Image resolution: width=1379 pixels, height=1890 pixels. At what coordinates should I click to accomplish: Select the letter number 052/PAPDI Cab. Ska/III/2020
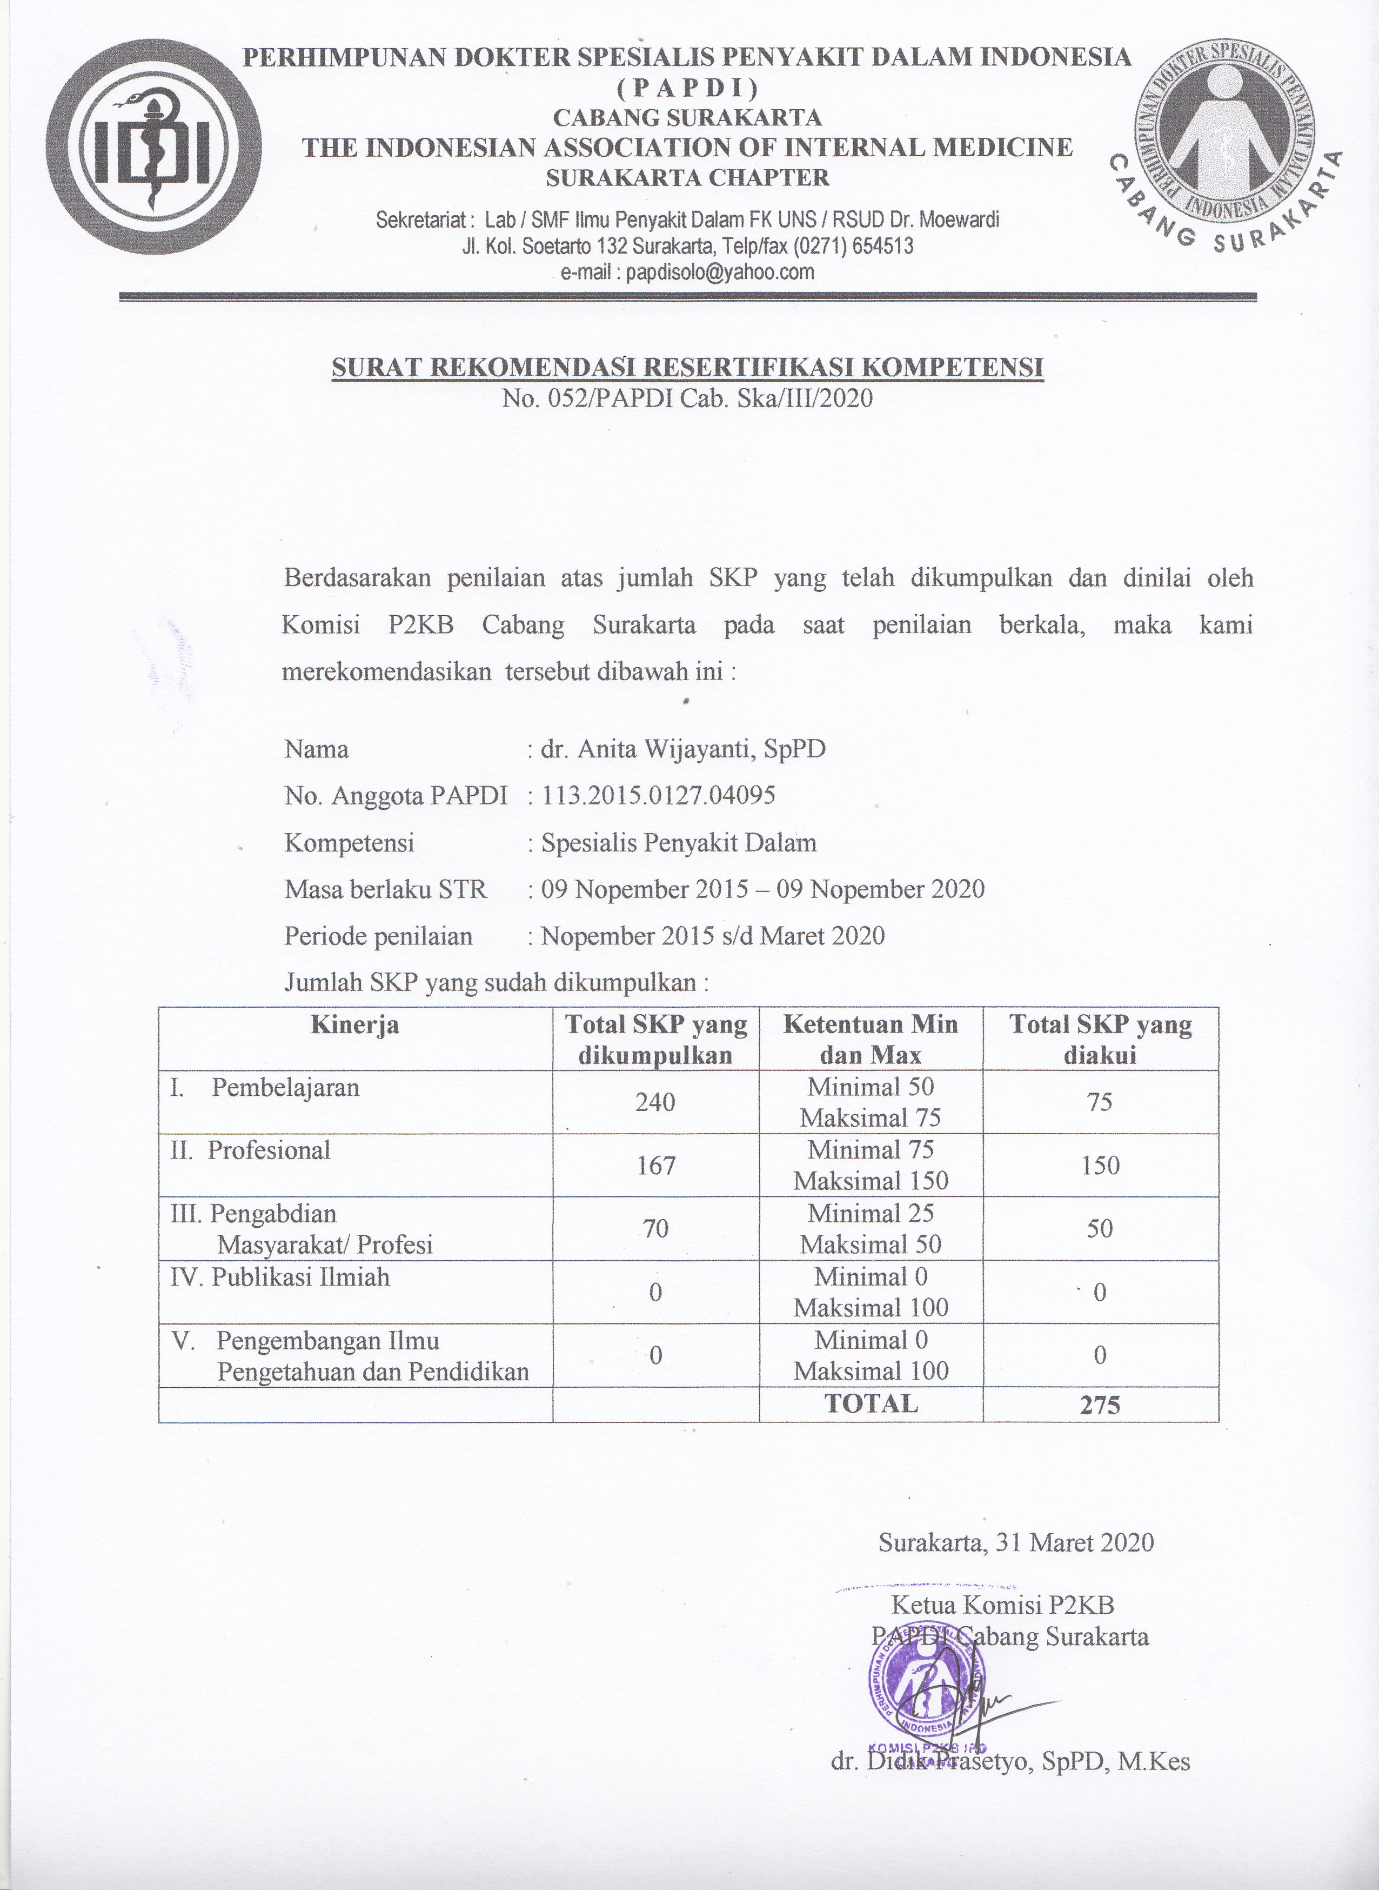click(687, 397)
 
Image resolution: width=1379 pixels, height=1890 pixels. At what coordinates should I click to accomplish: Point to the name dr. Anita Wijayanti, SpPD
click(683, 748)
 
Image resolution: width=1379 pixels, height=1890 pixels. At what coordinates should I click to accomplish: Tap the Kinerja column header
click(355, 1025)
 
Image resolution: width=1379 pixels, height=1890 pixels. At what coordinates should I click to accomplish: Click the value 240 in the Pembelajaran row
click(655, 1102)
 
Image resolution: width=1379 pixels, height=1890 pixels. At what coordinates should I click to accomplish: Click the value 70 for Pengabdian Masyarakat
click(655, 1228)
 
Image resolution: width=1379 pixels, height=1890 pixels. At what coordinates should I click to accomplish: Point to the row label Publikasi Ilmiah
click(280, 1277)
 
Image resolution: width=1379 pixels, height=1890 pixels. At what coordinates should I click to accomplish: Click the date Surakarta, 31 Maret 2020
click(1016, 1542)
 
